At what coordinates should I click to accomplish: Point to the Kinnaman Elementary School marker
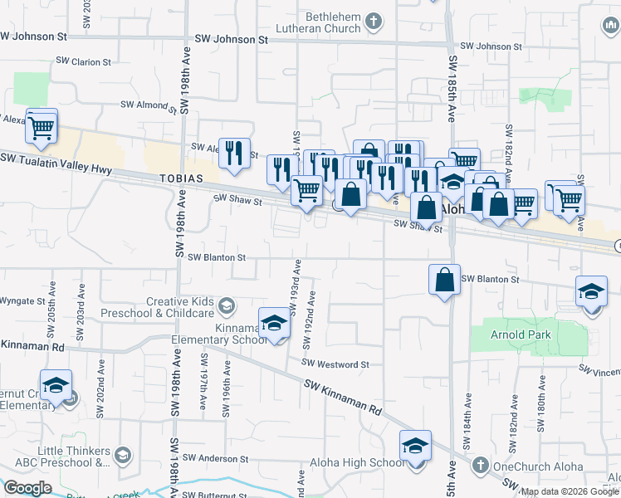pyautogui.click(x=274, y=323)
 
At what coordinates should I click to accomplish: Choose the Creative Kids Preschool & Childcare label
pyautogui.click(x=179, y=307)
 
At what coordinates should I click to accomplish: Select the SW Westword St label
pyautogui.click(x=335, y=364)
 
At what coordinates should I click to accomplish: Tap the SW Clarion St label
pyautogui.click(x=80, y=62)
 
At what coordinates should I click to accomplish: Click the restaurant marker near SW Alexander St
pyautogui.click(x=234, y=153)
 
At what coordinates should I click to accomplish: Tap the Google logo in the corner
pyautogui.click(x=27, y=488)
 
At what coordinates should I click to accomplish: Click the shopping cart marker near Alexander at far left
pyautogui.click(x=42, y=127)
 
